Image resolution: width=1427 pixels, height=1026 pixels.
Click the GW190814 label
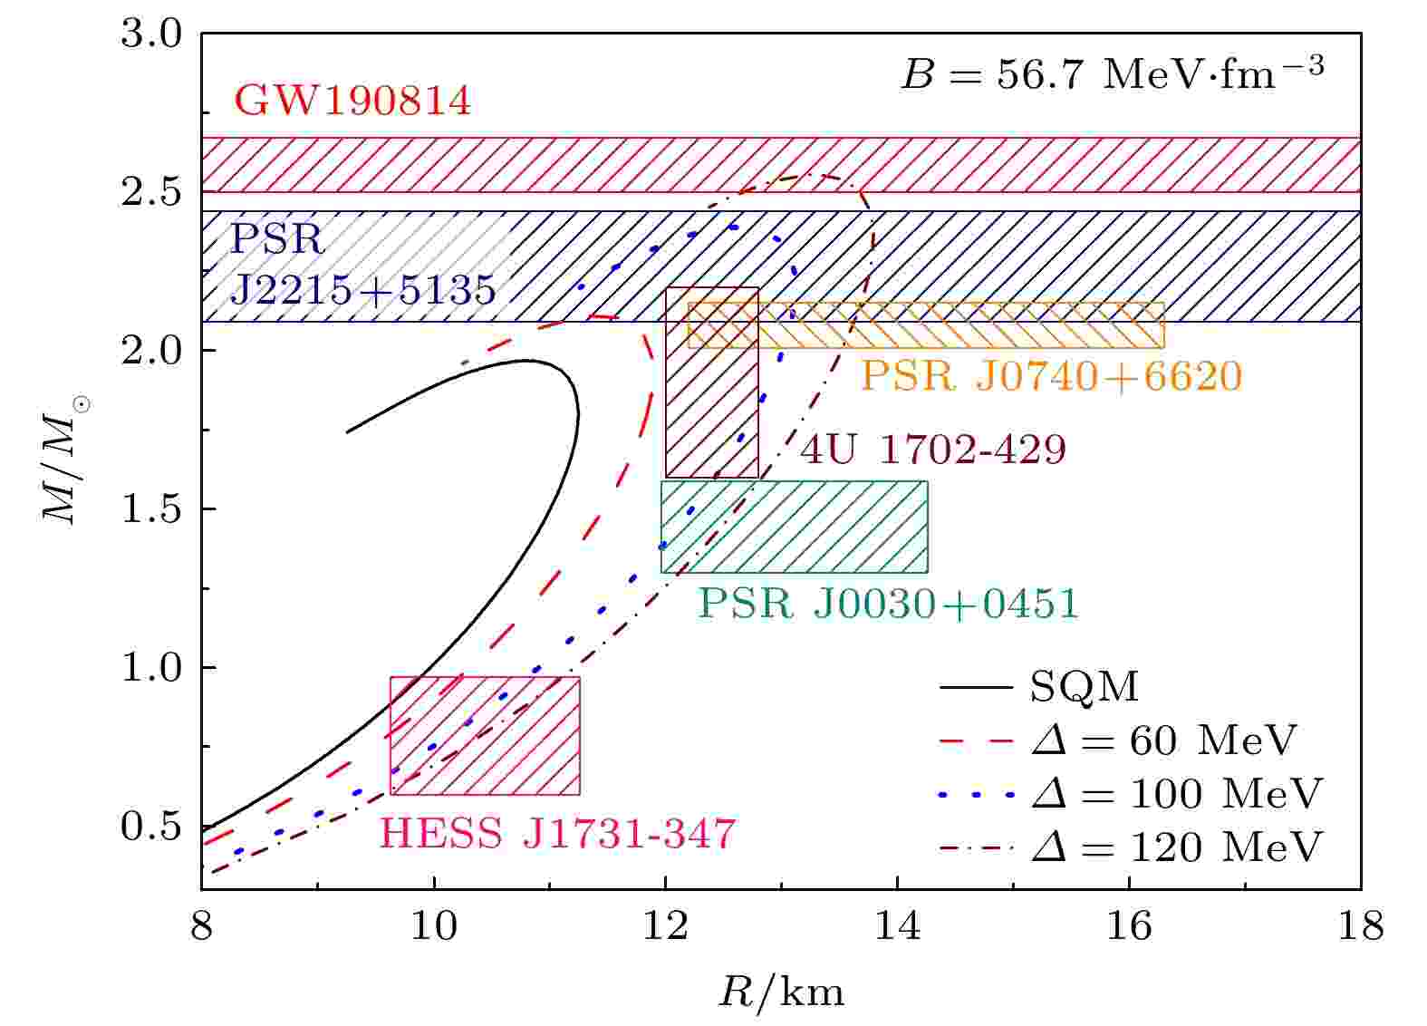[x=352, y=102]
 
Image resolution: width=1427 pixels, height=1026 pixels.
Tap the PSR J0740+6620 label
[x=1051, y=376]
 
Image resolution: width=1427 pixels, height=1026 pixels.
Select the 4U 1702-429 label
[x=933, y=450]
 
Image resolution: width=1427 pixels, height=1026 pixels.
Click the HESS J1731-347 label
[x=557, y=834]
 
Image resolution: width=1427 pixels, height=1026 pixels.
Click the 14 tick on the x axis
[x=897, y=926]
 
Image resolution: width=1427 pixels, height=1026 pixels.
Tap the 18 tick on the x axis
[x=1360, y=926]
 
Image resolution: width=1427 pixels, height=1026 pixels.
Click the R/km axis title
[x=781, y=993]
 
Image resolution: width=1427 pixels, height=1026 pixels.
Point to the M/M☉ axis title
[x=65, y=462]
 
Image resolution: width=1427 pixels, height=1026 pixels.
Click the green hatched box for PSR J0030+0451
[x=794, y=527]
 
